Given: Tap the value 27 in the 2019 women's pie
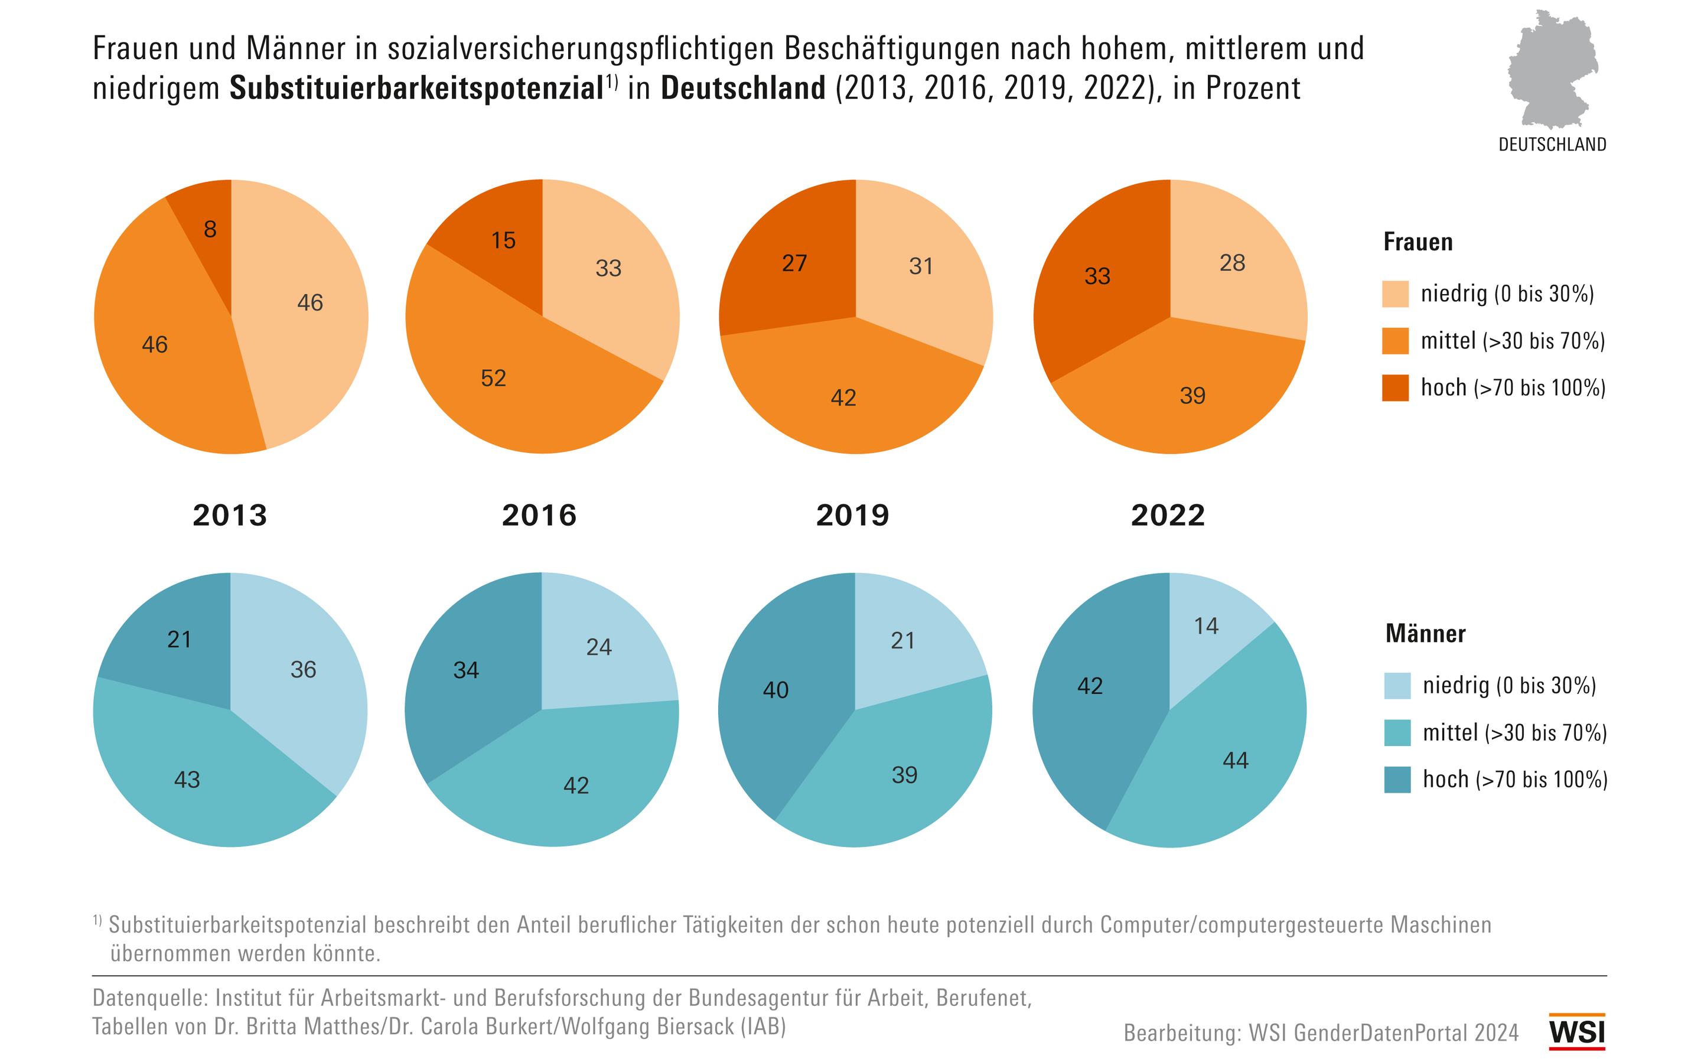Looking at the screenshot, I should [x=794, y=263].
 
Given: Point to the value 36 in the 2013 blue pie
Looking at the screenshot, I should [x=303, y=669].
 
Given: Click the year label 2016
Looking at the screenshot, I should [x=539, y=516].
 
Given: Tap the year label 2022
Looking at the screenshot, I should [x=1167, y=516].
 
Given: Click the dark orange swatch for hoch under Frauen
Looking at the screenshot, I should [x=1395, y=387].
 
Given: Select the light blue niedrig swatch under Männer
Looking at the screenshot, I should [x=1397, y=686].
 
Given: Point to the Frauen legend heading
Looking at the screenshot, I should [x=1417, y=242].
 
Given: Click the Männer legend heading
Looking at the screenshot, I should [x=1425, y=634].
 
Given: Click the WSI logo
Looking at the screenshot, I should [x=1577, y=1031].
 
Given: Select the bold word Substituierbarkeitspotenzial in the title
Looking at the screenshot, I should [x=416, y=89].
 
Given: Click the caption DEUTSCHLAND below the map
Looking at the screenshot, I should [x=1552, y=145].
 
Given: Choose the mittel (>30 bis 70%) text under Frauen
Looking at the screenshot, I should [x=1512, y=341].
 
